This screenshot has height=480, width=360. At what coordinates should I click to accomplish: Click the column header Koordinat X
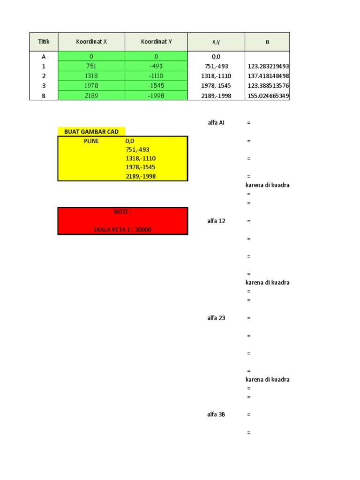pyautogui.click(x=91, y=42)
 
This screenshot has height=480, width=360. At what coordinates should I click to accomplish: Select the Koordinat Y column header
pyautogui.click(x=156, y=42)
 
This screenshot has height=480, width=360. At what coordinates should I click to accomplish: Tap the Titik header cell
pyautogui.click(x=44, y=42)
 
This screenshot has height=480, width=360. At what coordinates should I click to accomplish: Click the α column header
pyautogui.click(x=267, y=42)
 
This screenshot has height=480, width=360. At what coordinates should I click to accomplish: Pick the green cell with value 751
pyautogui.click(x=91, y=66)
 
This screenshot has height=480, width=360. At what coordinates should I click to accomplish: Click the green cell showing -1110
pyautogui.click(x=156, y=76)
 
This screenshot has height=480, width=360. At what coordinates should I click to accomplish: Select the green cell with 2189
pyautogui.click(x=91, y=96)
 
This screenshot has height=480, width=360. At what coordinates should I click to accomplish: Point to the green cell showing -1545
pyautogui.click(x=156, y=86)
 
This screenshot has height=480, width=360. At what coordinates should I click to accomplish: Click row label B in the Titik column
pyautogui.click(x=44, y=96)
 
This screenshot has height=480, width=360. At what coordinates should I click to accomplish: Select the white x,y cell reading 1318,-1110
pyautogui.click(x=216, y=76)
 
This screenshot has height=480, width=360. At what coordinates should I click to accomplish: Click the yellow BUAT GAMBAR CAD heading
pyautogui.click(x=91, y=132)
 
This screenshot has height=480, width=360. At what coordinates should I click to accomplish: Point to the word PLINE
pyautogui.click(x=91, y=141)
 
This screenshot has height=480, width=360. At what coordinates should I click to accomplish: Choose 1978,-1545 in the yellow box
pyautogui.click(x=140, y=167)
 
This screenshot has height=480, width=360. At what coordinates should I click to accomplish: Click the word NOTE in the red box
pyautogui.click(x=123, y=212)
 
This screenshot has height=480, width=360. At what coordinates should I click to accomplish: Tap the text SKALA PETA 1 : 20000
pyautogui.click(x=123, y=230)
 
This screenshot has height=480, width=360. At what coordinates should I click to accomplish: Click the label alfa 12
pyautogui.click(x=216, y=221)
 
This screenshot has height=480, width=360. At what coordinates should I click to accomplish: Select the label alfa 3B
pyautogui.click(x=216, y=414)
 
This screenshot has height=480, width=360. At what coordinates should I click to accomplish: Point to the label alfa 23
pyautogui.click(x=216, y=318)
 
